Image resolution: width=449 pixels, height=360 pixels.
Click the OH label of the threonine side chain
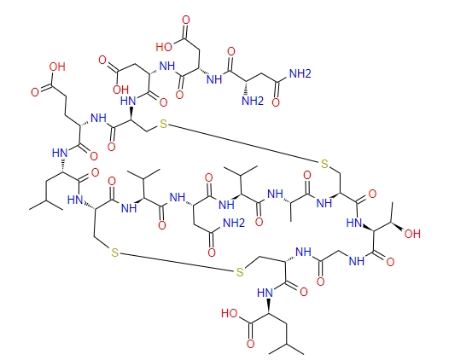pyautogui.click(x=412, y=234)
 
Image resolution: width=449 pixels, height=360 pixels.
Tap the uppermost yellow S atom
pyautogui.click(x=164, y=125)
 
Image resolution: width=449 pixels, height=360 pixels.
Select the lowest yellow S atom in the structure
pyautogui.click(x=240, y=272)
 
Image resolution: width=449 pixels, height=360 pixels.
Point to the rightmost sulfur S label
pyautogui.click(x=324, y=164)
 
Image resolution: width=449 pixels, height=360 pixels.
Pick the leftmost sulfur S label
pyautogui.click(x=115, y=253)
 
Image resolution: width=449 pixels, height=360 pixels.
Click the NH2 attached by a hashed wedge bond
pyautogui.click(x=253, y=101)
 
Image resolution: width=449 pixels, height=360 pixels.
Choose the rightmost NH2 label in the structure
pyautogui.click(x=300, y=73)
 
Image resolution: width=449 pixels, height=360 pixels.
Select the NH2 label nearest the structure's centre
pyautogui.click(x=234, y=223)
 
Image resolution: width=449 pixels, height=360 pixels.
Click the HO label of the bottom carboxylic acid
pyautogui.click(x=230, y=313)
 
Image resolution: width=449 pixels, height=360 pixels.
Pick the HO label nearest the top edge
pyautogui.click(x=164, y=47)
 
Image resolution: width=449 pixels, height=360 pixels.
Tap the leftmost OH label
pyautogui.click(x=57, y=67)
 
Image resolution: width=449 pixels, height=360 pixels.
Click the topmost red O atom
pyautogui.click(x=186, y=20)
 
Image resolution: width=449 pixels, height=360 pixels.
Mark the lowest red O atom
pyautogui.click(x=251, y=344)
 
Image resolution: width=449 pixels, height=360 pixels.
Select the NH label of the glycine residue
pyautogui.click(x=357, y=261)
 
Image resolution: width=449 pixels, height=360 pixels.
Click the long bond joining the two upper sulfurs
pyautogui.click(x=244, y=144)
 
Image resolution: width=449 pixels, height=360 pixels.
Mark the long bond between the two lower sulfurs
pyautogui.click(x=178, y=262)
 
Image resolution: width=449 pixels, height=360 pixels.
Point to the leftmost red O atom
pyautogui.click(x=35, y=92)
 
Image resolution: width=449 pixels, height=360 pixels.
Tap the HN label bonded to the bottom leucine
pyautogui.click(x=265, y=293)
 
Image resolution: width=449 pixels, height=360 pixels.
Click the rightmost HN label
pyautogui.click(x=354, y=223)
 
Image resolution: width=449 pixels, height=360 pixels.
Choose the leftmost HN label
pyautogui.click(x=60, y=153)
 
